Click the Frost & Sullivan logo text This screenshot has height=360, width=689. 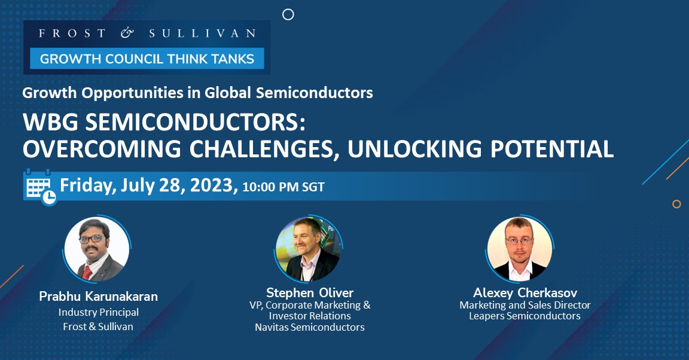(x=147, y=33)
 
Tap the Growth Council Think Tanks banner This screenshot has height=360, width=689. (x=147, y=59)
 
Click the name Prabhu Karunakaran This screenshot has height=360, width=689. (x=98, y=297)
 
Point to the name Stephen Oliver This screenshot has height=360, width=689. (x=310, y=292)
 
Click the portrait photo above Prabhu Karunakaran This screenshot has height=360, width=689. (x=97, y=249)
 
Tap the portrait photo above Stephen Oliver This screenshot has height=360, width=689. (x=309, y=249)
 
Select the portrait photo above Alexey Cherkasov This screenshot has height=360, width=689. (x=520, y=249)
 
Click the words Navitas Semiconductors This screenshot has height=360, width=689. (x=310, y=327)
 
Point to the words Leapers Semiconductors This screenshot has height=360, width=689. (x=525, y=316)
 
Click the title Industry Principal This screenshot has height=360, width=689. (x=99, y=312)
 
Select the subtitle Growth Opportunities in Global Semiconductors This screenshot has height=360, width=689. (x=197, y=93)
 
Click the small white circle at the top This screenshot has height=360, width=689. (x=288, y=14)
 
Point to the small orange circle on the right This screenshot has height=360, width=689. (x=676, y=204)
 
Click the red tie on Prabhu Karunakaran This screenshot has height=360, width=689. (x=87, y=270)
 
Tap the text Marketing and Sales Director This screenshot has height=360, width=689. (x=525, y=305)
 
